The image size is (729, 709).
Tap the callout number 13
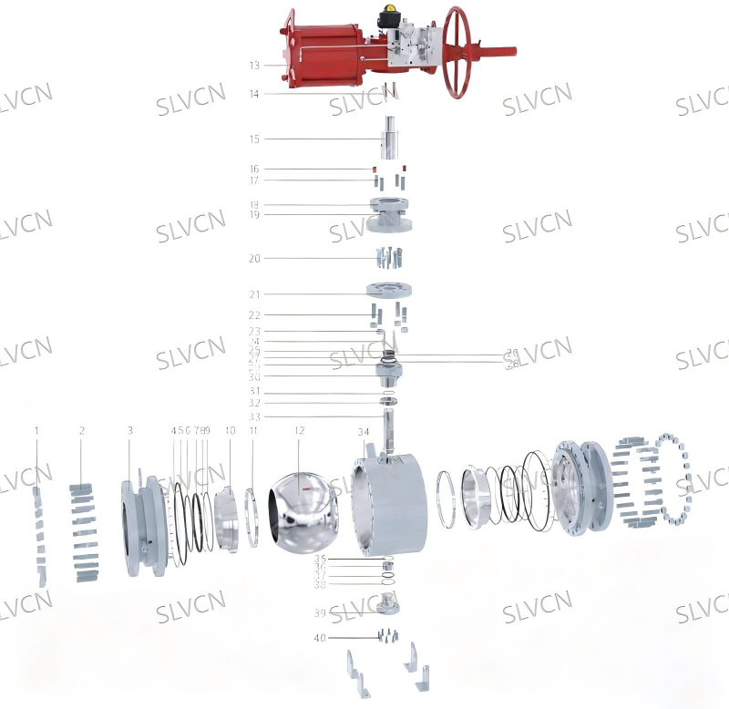(x=254, y=66)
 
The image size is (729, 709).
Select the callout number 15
(x=254, y=139)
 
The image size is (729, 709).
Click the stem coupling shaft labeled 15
(x=390, y=138)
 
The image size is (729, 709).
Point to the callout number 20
(x=254, y=258)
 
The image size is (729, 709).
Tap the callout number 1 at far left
(x=36, y=429)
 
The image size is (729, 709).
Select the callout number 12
(x=299, y=429)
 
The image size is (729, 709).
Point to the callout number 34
(x=364, y=430)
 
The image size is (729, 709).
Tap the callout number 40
(x=320, y=638)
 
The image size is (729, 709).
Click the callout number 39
(x=320, y=612)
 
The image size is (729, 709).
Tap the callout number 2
(x=82, y=429)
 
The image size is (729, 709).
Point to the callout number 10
(x=230, y=429)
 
